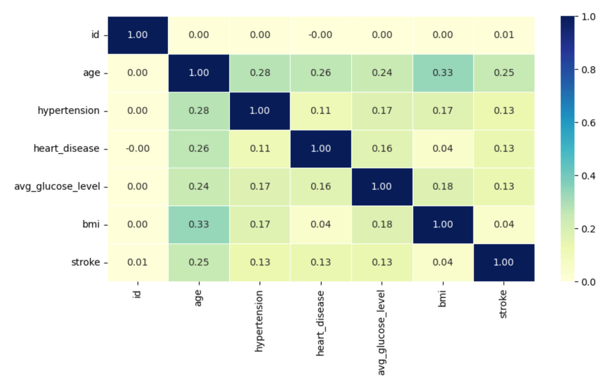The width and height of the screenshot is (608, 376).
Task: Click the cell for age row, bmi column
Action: [x=443, y=73]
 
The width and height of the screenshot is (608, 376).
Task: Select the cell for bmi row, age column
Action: [x=199, y=225]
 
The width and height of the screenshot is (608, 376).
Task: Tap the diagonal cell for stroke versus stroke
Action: [x=504, y=262]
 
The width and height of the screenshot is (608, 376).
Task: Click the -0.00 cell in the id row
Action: [x=321, y=35]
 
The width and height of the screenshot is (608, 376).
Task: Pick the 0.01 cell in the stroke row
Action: [x=138, y=262]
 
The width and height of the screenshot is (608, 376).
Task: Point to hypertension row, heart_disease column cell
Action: [x=321, y=111]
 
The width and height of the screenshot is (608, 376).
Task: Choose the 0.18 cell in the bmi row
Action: [x=382, y=225]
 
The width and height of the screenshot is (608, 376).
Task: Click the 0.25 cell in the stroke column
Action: [x=504, y=73]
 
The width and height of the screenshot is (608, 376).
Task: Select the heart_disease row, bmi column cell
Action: [x=443, y=148]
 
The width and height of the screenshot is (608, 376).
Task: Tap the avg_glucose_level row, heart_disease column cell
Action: [x=321, y=186]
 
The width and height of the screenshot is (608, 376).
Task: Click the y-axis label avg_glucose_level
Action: [x=57, y=186]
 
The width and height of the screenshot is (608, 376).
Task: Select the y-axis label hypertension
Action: [x=69, y=111]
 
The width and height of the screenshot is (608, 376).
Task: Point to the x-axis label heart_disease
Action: [x=321, y=323]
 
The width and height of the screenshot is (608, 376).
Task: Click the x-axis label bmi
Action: [x=442, y=299]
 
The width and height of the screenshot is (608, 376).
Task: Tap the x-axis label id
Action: [x=137, y=294]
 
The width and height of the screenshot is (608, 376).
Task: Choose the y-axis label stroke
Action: [x=85, y=262]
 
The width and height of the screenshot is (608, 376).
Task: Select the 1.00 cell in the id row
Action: [x=138, y=35]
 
